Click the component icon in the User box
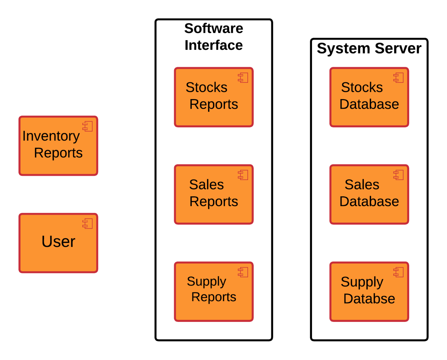click(88, 223)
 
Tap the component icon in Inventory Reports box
click(88, 126)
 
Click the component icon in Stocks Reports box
click(243, 78)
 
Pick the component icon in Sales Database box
click(398, 175)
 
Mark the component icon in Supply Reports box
click(243, 272)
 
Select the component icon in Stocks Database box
click(398, 78)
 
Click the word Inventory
click(51, 136)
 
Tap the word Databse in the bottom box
click(369, 299)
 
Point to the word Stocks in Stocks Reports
click(206, 87)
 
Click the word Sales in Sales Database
click(362, 184)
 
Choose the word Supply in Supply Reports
click(206, 282)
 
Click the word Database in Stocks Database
click(369, 104)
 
